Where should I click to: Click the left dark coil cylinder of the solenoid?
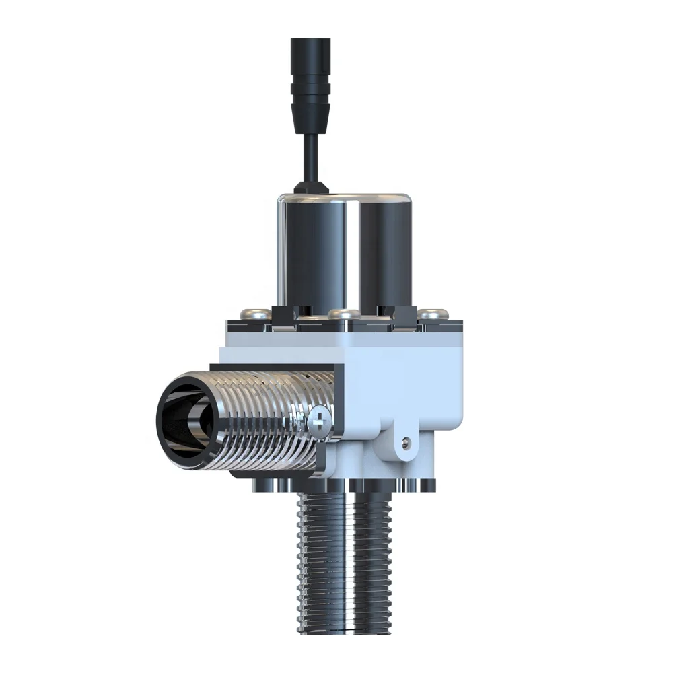pos(311,256)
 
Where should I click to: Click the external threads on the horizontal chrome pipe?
pos(269,417)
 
